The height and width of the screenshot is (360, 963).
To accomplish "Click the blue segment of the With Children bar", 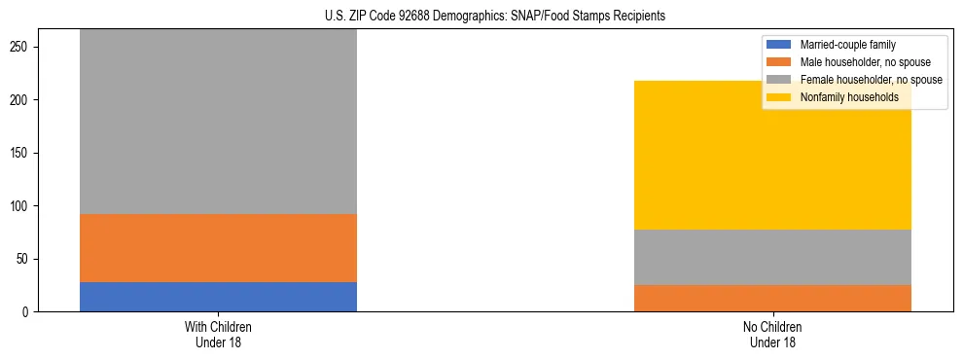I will tap(218, 297).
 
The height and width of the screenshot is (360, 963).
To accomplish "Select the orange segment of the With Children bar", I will tap(218, 248).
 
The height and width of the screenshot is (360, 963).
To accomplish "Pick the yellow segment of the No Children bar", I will tap(772, 156).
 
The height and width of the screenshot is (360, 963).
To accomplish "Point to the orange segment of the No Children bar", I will tap(772, 298).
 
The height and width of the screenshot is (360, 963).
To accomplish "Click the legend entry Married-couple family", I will tap(847, 45).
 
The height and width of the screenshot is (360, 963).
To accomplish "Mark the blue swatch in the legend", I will tap(780, 45).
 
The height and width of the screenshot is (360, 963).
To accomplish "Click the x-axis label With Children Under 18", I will tap(218, 334).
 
